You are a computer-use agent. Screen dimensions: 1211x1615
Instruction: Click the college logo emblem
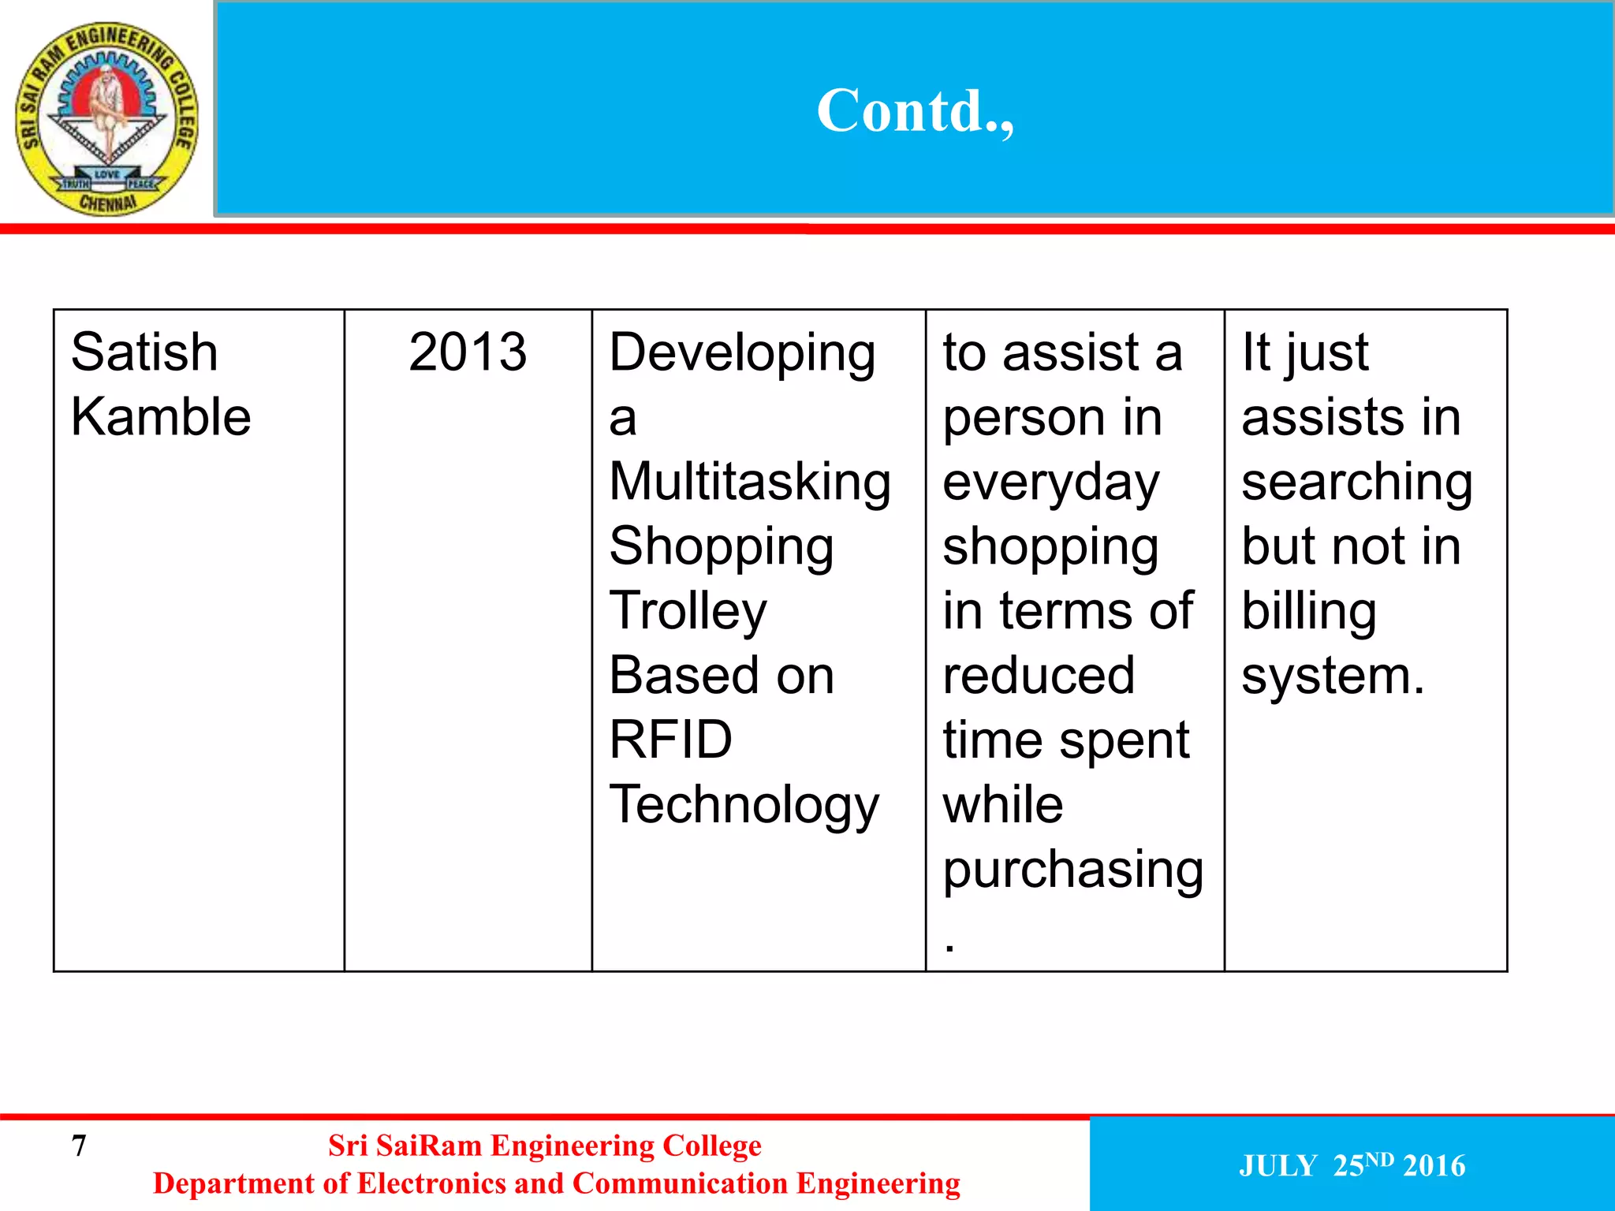click(x=107, y=118)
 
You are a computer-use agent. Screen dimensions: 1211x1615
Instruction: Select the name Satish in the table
click(x=144, y=352)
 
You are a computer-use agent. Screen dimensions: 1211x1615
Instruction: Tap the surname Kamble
click(x=161, y=416)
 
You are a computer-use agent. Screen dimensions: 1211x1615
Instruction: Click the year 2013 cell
click(x=468, y=352)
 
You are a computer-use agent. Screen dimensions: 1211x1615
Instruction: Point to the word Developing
click(x=742, y=353)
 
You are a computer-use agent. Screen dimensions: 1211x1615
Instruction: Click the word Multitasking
click(x=750, y=482)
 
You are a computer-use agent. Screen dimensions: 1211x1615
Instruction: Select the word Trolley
click(x=688, y=611)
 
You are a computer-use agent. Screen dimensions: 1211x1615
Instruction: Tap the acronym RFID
click(x=671, y=740)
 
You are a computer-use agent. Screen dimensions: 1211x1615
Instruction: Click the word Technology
click(x=744, y=806)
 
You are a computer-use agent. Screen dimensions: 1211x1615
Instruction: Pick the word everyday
click(x=1051, y=483)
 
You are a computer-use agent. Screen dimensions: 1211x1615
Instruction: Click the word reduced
click(x=1039, y=676)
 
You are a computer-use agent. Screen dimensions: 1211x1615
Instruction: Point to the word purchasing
click(x=1073, y=870)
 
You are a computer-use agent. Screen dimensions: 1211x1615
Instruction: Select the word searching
click(x=1357, y=483)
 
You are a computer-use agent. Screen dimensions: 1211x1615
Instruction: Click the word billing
click(x=1309, y=612)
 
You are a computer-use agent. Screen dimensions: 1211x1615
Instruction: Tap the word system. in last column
click(x=1333, y=676)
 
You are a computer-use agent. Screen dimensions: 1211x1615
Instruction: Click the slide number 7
click(x=79, y=1146)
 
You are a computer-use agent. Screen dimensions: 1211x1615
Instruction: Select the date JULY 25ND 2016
click(x=1352, y=1165)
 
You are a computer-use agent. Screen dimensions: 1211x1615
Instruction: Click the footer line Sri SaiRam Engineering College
click(x=545, y=1146)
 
